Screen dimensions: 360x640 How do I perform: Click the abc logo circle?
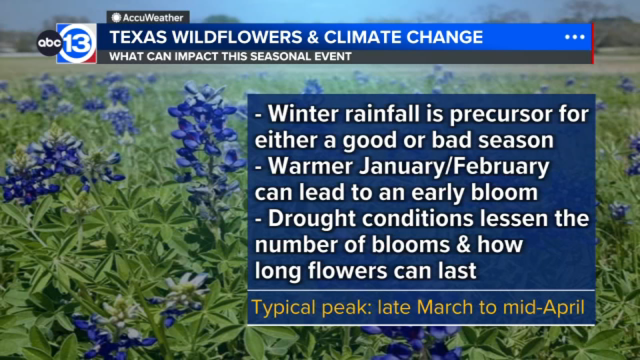coord(49,43)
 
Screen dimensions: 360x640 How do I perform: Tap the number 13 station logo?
coord(77,43)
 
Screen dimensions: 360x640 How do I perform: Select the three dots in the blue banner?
coord(575,37)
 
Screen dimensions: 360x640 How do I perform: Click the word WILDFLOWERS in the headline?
coord(237,37)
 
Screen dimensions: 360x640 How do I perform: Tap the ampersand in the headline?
coord(313,37)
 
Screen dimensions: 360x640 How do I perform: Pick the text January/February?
coord(454,166)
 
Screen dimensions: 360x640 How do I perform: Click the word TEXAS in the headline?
coord(138,37)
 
